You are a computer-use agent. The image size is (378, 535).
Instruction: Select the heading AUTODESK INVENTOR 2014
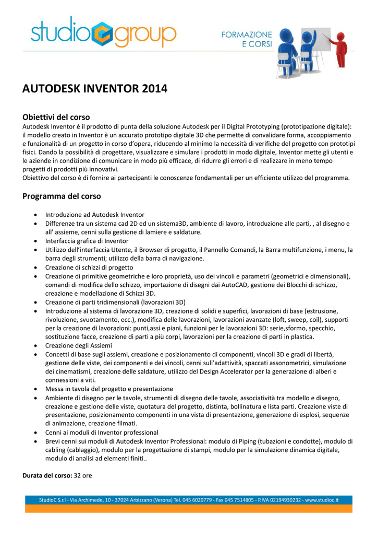[95, 89]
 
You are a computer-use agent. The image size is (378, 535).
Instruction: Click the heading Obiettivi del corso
[56, 117]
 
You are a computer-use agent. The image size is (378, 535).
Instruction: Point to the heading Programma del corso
[62, 196]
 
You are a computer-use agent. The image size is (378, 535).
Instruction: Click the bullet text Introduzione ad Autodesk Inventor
[95, 215]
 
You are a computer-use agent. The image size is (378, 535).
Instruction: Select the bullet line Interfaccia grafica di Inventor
[87, 241]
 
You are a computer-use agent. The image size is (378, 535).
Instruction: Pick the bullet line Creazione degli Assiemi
[78, 345]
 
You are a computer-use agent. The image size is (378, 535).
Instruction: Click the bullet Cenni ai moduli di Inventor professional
[102, 432]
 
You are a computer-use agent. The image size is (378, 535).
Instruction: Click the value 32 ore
[83, 476]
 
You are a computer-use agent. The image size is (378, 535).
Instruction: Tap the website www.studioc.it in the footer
[322, 500]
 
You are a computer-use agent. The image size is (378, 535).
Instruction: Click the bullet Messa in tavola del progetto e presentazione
[109, 389]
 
